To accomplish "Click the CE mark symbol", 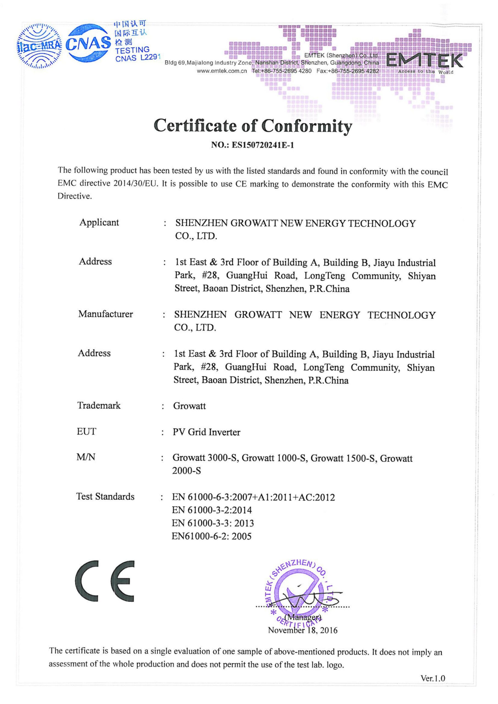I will pos(105,581).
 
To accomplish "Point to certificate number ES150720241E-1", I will pos(263,145).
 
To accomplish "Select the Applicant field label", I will pos(99,222).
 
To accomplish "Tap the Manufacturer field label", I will pos(105,314).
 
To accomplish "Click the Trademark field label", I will pos(99,405).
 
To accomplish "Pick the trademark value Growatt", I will pos(189,406).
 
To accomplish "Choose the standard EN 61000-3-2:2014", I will pos(212,510).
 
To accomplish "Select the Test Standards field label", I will pos(105,496).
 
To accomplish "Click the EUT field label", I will pos(86,431).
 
